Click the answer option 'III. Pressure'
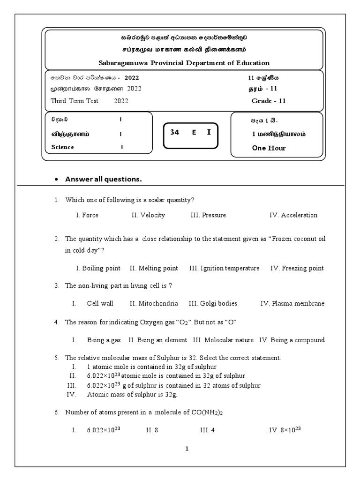(x=208, y=215)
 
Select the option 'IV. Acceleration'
(x=293, y=215)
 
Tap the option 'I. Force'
(x=87, y=215)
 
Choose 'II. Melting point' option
(x=154, y=268)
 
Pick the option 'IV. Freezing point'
(x=297, y=268)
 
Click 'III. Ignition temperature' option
(x=224, y=268)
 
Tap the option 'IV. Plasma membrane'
(x=292, y=303)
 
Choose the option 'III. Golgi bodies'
(x=213, y=303)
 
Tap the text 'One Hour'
(x=269, y=148)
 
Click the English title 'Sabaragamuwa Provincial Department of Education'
(x=184, y=62)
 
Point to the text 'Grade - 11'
(x=269, y=100)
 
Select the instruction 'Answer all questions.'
(x=103, y=179)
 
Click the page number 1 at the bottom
(x=187, y=449)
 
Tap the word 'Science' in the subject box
(x=63, y=147)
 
